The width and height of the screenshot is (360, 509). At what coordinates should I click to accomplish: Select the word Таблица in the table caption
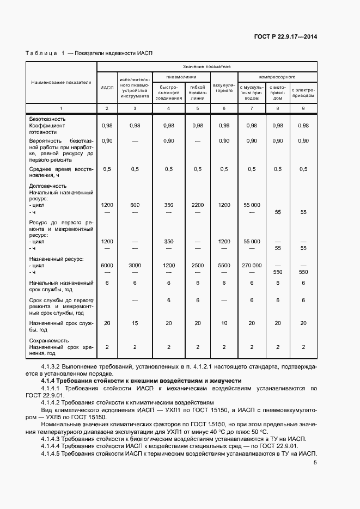pyautogui.click(x=41, y=53)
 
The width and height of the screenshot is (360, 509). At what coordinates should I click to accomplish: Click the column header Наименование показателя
pyautogui.click(x=61, y=83)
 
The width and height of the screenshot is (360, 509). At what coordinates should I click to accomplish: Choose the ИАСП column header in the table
pyautogui.click(x=107, y=88)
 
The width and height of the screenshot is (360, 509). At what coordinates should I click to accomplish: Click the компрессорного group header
pyautogui.click(x=277, y=77)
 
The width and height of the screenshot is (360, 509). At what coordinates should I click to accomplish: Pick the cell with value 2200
pyautogui.click(x=197, y=205)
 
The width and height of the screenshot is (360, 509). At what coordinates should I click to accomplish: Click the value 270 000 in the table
pyautogui.click(x=251, y=265)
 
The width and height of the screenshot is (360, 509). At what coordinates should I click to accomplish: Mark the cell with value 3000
pyautogui.click(x=135, y=265)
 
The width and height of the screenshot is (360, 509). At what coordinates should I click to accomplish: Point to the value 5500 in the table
pyautogui.click(x=224, y=265)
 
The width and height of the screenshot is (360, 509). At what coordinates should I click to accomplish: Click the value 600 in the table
pyautogui.click(x=135, y=205)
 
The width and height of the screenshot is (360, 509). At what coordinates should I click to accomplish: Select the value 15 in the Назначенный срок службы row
pyautogui.click(x=135, y=323)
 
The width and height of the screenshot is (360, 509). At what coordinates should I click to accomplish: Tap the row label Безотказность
pyautogui.click(x=47, y=119)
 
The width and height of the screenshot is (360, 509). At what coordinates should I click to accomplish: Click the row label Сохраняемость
pyautogui.click(x=48, y=340)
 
